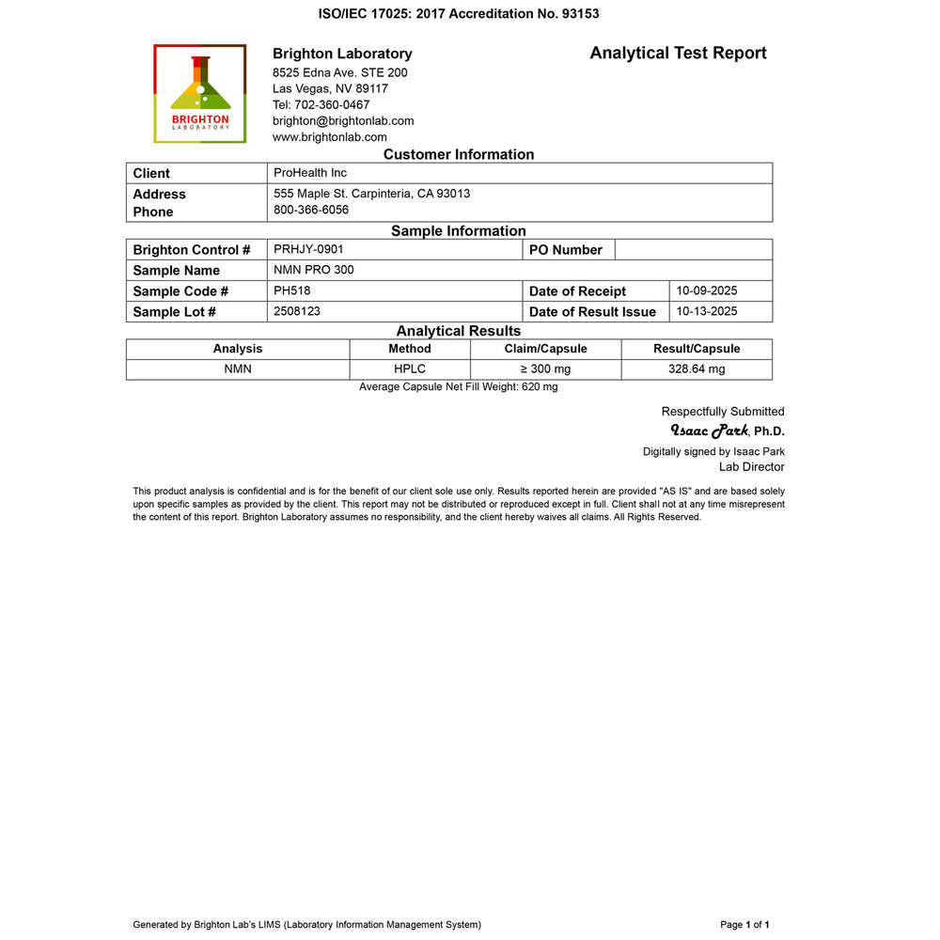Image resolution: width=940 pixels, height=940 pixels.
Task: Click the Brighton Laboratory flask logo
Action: tap(200, 93)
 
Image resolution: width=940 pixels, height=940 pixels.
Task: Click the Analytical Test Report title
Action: tap(678, 54)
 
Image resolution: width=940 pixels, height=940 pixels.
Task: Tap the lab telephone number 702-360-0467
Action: tap(321, 104)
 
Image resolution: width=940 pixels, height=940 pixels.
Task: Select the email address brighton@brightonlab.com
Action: tap(343, 120)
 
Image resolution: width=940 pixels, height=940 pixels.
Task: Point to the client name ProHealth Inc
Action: tap(310, 173)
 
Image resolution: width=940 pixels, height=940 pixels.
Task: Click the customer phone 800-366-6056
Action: tap(311, 210)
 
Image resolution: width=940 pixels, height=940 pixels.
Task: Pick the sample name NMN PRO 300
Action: tap(314, 270)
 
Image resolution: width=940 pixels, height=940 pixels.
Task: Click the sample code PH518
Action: tap(291, 290)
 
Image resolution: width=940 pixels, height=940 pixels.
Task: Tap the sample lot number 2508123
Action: tap(297, 311)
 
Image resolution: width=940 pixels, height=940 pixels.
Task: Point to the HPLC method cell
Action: tap(410, 369)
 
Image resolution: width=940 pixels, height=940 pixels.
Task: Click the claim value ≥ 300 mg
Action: tap(545, 369)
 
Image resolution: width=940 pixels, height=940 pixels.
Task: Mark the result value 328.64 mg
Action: tap(697, 369)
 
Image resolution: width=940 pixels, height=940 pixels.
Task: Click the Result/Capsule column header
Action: tap(697, 349)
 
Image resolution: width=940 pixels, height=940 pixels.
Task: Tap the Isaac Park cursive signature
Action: tap(709, 431)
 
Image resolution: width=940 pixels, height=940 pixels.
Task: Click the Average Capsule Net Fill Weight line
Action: tap(458, 387)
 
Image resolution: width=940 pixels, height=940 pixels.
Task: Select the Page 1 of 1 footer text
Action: tap(745, 925)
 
